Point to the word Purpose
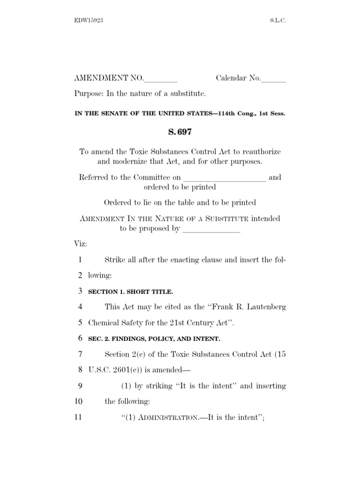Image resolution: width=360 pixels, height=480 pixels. [x=89, y=94]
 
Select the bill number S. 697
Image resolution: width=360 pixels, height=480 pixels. [x=180, y=132]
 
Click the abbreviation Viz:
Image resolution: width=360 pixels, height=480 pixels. [x=81, y=245]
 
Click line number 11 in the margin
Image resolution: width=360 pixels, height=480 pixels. [x=78, y=417]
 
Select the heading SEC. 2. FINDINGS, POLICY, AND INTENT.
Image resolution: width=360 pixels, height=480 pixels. [x=154, y=338]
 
